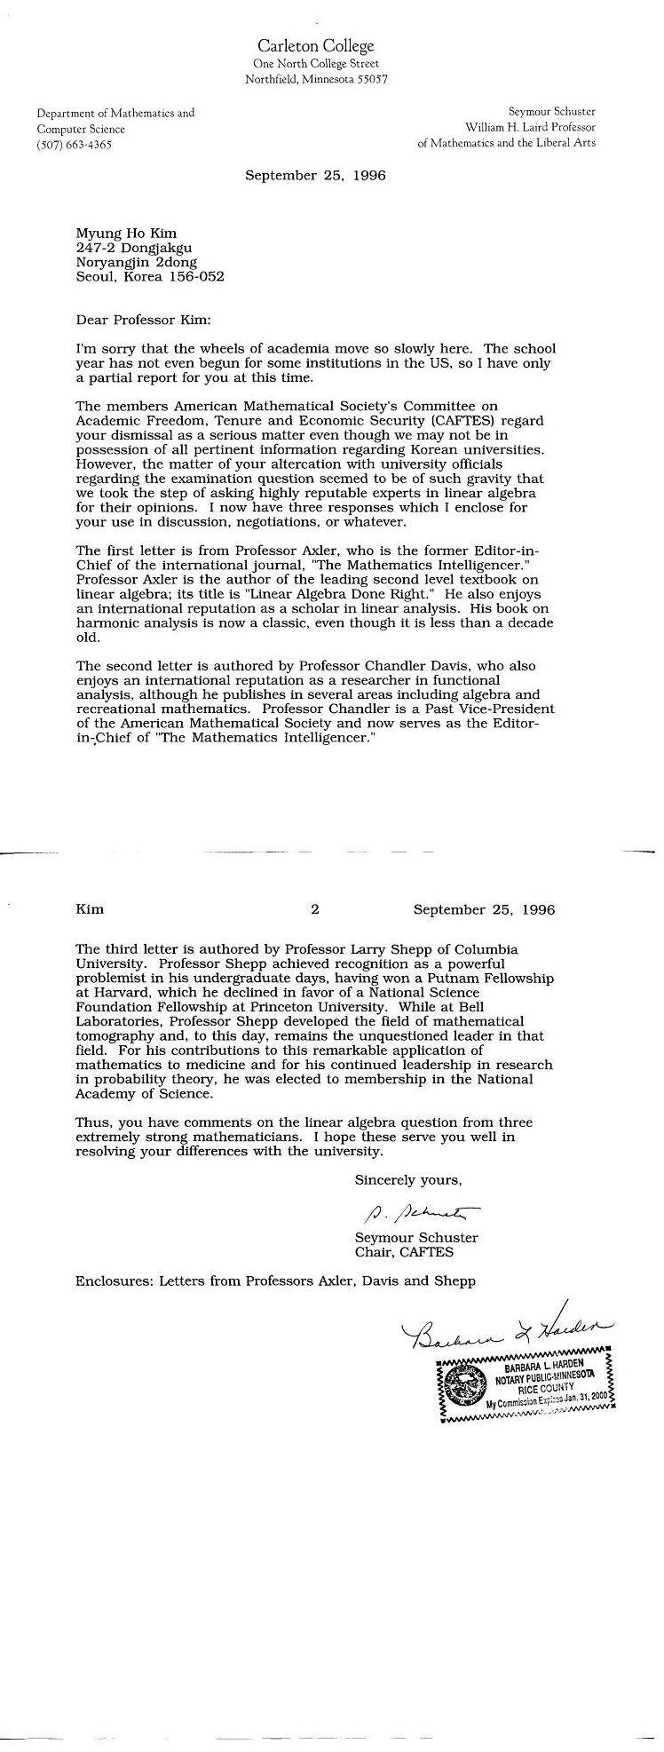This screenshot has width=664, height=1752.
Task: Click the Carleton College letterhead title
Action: coord(315,46)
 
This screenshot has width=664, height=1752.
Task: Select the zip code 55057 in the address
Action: coord(370,79)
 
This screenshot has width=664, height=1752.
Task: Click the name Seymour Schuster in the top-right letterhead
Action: coord(551,112)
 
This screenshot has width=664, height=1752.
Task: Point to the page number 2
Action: coord(314,909)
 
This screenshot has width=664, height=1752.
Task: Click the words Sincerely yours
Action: coord(408,1180)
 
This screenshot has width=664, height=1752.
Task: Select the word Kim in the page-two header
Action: coord(90,909)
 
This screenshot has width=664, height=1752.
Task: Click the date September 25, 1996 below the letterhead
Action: coord(315,176)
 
